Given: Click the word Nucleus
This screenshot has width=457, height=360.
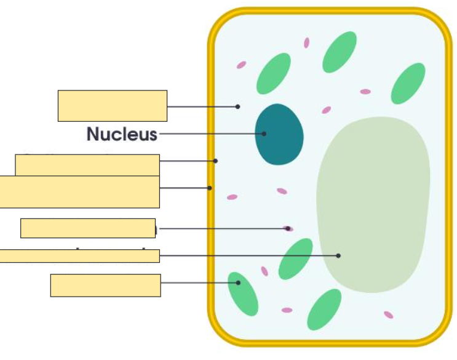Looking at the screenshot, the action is pos(122,134).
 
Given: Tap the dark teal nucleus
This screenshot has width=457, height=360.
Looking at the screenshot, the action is pos(279,134).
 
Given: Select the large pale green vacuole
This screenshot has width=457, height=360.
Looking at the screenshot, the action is pos(373,203).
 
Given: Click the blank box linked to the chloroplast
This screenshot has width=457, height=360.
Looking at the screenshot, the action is pos(105,286).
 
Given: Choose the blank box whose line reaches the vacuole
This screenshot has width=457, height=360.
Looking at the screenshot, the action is pos(79,255).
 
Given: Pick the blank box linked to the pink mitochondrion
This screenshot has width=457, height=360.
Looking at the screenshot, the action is pos(88,228).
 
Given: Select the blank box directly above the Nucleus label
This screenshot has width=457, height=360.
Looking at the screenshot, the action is pos(113,106).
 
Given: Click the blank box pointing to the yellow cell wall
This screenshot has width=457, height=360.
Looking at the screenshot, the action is pos(79,192).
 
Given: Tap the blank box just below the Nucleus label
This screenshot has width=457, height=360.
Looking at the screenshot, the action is pos(87,165).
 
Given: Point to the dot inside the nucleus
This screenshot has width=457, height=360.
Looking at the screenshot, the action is pos(264,134).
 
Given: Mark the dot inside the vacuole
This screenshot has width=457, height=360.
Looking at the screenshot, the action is pos(338,255).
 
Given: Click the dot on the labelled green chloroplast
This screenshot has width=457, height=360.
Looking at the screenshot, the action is pos(238,283).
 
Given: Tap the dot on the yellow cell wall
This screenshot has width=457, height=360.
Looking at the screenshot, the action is pos(210,188).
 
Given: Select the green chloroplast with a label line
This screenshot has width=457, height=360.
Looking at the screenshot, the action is pos(244,294).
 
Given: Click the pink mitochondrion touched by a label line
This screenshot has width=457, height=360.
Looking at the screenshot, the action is pos(288,229).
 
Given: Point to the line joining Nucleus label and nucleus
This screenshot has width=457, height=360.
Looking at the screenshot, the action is pos(209,134).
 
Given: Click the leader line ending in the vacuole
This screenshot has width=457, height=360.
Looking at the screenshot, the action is pos(246,255).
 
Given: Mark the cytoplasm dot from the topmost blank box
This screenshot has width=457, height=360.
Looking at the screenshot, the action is pos(238,106).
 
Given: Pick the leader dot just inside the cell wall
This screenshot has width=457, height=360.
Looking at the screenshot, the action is pos(215,161).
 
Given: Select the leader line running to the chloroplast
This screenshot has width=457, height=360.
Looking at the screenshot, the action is pos(197,283).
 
